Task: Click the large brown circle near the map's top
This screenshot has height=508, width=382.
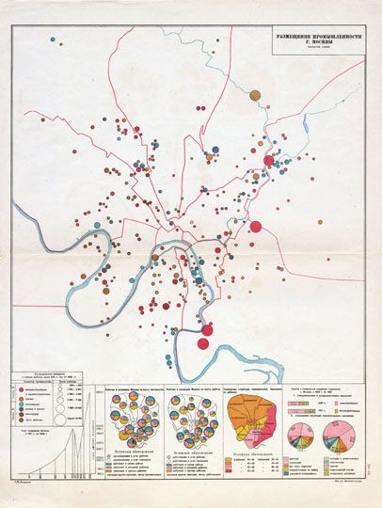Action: (254, 94)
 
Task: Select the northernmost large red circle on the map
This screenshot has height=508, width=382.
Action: (268, 161)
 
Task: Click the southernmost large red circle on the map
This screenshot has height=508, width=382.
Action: (203, 343)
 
